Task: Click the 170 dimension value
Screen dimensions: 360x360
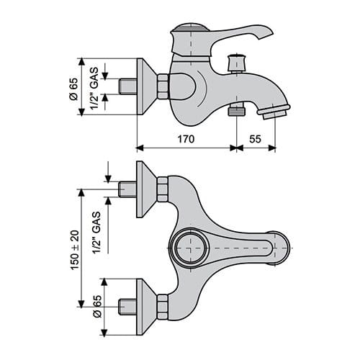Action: click(186, 139)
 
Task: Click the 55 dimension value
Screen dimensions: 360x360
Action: click(255, 139)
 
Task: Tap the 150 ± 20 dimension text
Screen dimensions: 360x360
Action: click(75, 250)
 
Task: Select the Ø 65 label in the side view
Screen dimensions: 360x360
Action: click(73, 89)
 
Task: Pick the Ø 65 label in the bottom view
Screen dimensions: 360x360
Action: click(97, 306)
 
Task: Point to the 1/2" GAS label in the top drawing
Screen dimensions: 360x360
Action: click(94, 88)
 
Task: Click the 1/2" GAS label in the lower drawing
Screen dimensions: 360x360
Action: click(96, 233)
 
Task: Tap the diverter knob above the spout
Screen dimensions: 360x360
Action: click(236, 63)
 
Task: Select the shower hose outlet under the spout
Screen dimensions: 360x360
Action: click(236, 111)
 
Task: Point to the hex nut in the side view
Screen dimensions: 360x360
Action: click(163, 86)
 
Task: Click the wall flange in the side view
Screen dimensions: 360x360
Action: click(146, 86)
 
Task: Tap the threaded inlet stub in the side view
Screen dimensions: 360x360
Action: click(127, 86)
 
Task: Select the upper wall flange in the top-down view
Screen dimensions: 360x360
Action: click(146, 189)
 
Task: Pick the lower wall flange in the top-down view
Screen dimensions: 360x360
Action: click(146, 307)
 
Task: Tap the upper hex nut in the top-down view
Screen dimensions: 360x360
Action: click(163, 189)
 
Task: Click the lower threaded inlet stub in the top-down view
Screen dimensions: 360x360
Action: click(127, 307)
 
